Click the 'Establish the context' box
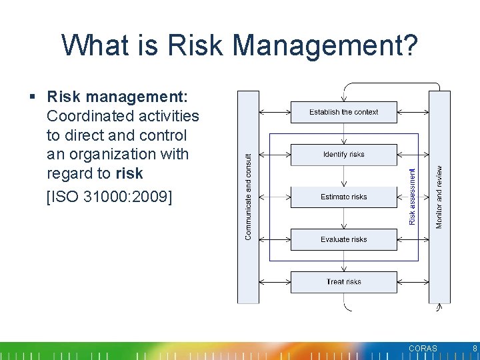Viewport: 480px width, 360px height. (x=343, y=112)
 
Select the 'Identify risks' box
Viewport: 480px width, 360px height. (x=343, y=155)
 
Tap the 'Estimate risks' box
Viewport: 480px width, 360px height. (x=343, y=197)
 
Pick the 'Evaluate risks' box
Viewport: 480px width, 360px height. (x=343, y=239)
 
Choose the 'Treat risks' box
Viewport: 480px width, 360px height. (x=343, y=282)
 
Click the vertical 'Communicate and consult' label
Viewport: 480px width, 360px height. (x=249, y=197)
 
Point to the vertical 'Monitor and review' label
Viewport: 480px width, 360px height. (x=439, y=197)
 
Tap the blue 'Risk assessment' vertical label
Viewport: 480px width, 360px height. (x=412, y=197)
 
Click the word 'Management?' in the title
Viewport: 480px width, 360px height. (x=327, y=45)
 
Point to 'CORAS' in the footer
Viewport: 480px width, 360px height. (x=423, y=349)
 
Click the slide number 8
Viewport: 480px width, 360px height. (x=474, y=349)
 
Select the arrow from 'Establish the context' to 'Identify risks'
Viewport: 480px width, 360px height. (x=343, y=133)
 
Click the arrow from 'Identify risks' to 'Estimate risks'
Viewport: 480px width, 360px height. (x=343, y=176)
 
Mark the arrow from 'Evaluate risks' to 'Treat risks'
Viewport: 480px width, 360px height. (x=343, y=261)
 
